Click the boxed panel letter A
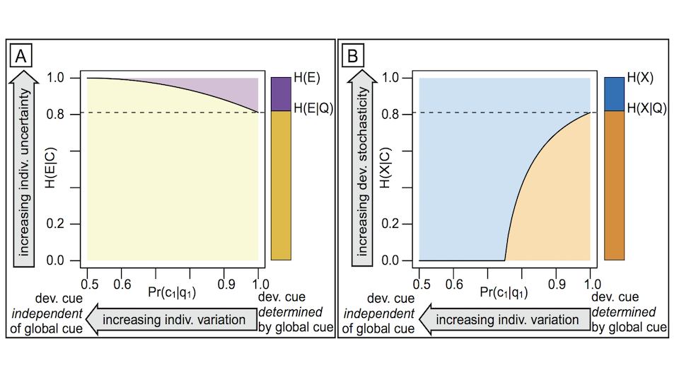[22, 54]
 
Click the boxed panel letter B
[354, 54]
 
